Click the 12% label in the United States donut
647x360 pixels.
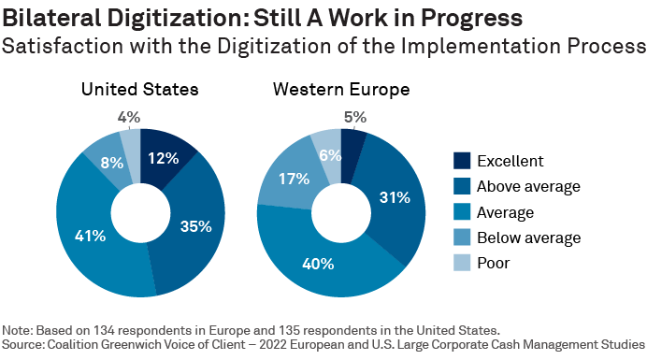coord(163,158)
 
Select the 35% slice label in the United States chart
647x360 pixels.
coord(194,225)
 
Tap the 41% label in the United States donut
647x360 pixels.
coord(90,237)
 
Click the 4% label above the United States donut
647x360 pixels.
coord(129,118)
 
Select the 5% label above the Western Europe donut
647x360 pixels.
coord(355,118)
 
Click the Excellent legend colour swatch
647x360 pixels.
coord(462,160)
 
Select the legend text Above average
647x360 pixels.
coord(528,186)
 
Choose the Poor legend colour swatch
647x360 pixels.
coord(462,263)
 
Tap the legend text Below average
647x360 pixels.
coord(528,238)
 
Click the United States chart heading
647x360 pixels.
coord(139,90)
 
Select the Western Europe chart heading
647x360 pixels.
coord(342,90)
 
